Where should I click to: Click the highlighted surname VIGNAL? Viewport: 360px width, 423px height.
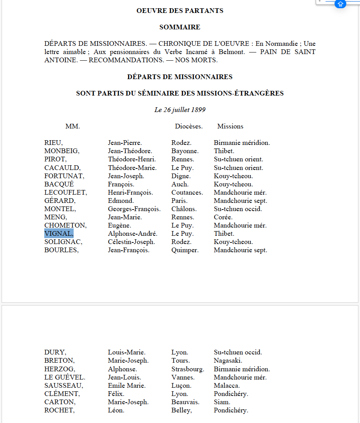coord(59,234)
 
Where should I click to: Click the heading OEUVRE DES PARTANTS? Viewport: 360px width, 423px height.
coord(180,11)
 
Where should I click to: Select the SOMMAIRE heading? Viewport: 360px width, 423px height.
coord(180,27)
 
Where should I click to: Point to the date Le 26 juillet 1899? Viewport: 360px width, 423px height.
coord(180,110)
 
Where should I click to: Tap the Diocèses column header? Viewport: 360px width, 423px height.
coord(188,126)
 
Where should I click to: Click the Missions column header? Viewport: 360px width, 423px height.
coord(230,126)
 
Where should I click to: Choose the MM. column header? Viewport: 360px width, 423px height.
coord(72,126)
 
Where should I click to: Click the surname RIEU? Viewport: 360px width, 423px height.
coord(53,143)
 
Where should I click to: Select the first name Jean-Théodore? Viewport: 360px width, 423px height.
coord(130,151)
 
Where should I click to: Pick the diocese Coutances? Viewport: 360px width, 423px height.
coord(187,193)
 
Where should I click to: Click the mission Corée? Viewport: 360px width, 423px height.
coord(223,217)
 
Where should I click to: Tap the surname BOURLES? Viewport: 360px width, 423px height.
coord(62,250)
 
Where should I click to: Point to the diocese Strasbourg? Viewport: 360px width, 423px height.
coord(188,369)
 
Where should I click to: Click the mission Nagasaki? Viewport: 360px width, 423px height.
coord(228,361)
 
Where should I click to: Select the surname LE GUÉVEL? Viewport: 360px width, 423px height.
coord(65,378)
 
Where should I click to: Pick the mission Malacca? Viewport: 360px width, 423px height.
coord(227,386)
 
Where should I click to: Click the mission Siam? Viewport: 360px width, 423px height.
coord(222,402)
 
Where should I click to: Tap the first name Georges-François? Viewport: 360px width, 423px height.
coord(134,209)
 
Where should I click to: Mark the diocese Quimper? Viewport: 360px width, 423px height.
coord(185,250)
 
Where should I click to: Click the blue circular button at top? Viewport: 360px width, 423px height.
coord(340,4)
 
